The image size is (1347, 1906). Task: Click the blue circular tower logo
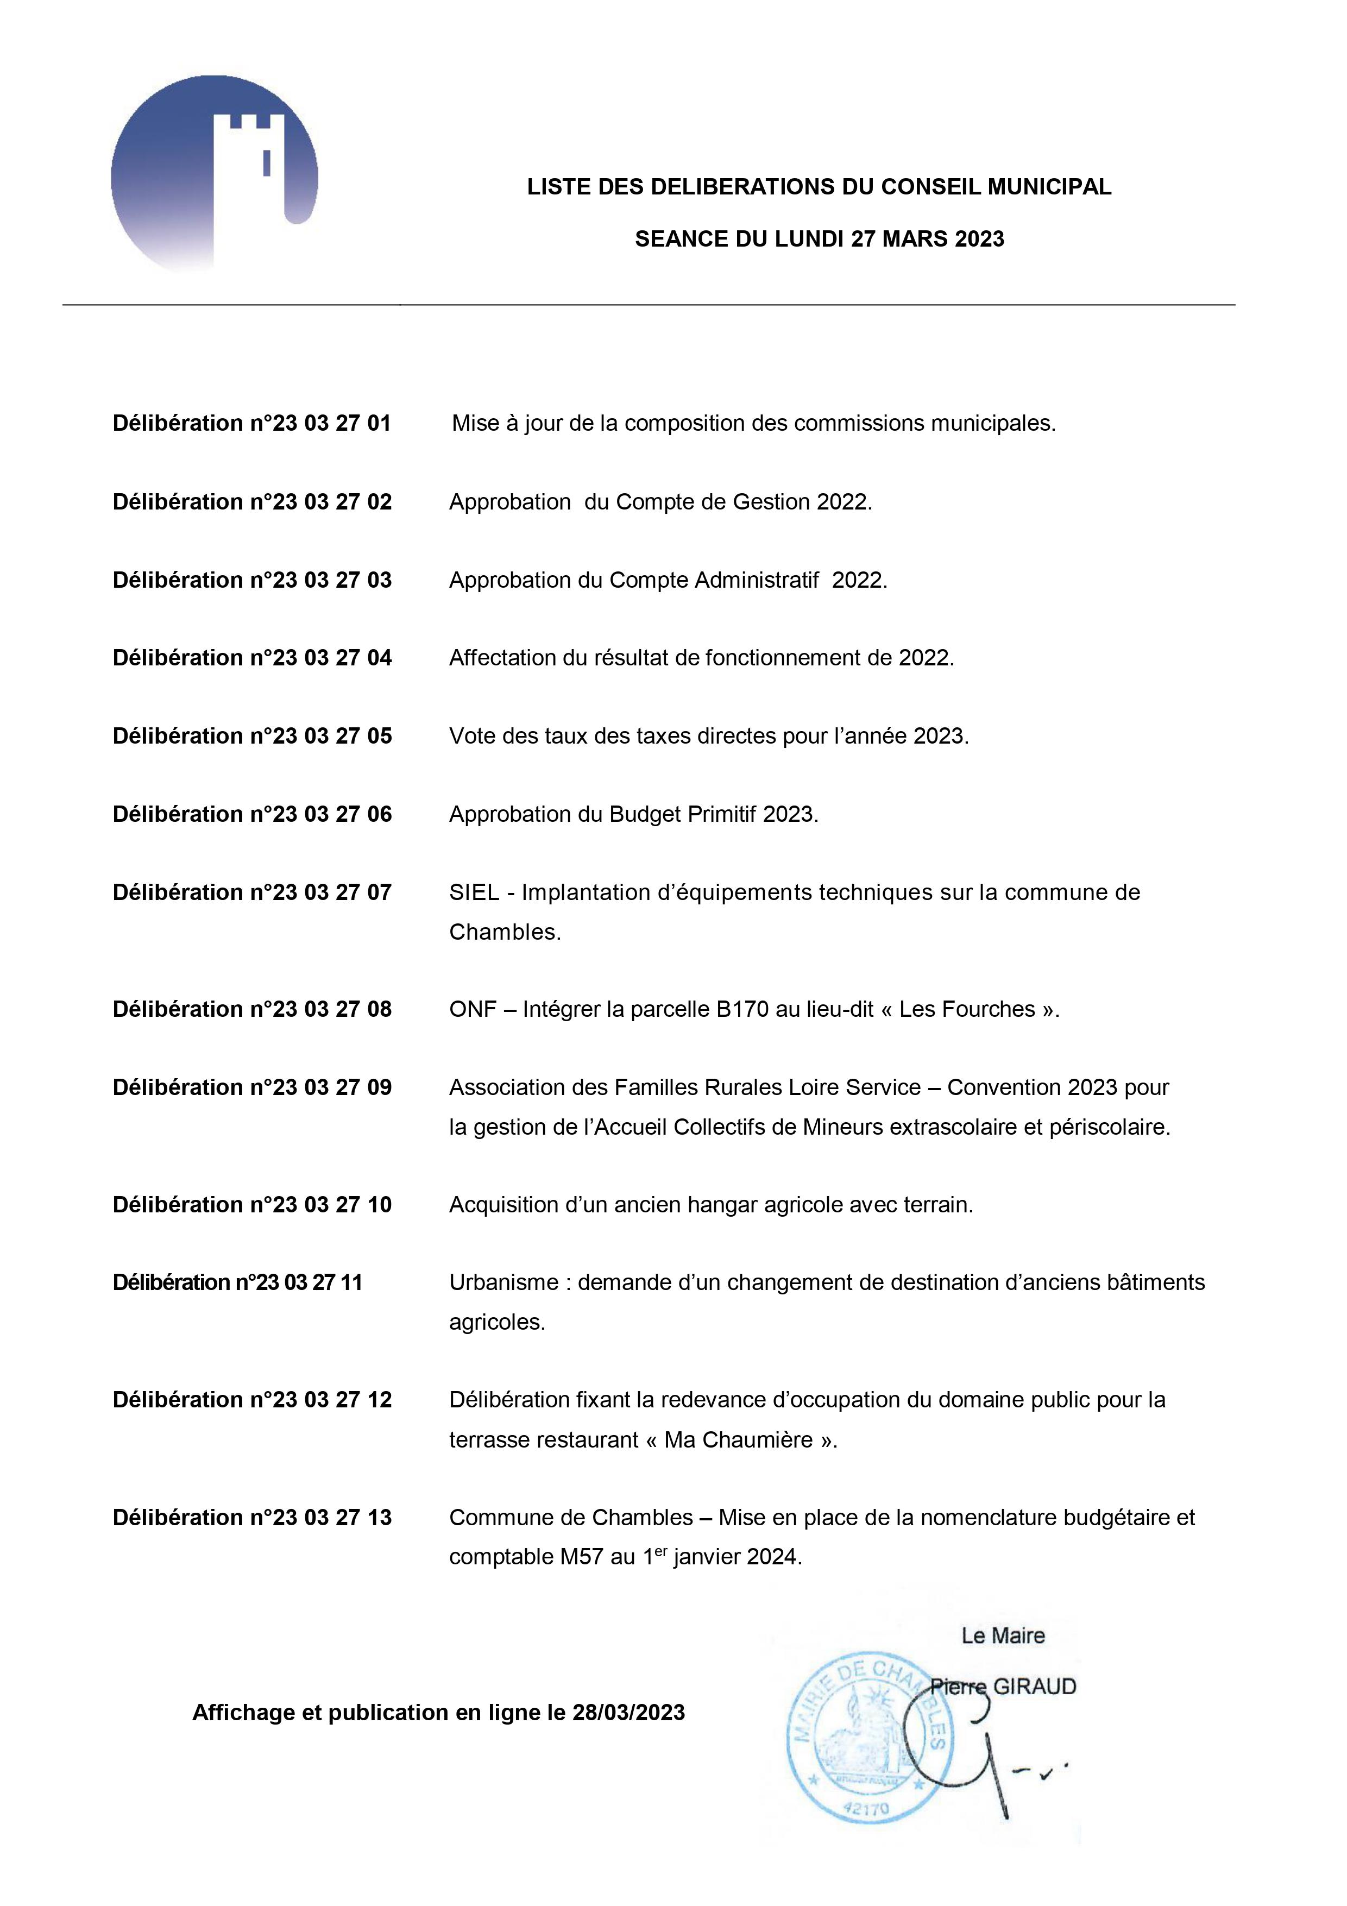[214, 174]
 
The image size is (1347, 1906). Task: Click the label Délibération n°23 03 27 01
[251, 423]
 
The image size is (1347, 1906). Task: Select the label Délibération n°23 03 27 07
[251, 892]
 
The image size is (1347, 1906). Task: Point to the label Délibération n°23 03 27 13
[251, 1518]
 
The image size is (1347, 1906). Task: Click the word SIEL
[474, 892]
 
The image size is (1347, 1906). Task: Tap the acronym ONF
[472, 1009]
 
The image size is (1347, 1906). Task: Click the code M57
[582, 1557]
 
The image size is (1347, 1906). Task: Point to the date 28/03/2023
[628, 1713]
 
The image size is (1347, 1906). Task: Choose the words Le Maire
[1003, 1635]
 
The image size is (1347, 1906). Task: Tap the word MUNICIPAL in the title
[1049, 187]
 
